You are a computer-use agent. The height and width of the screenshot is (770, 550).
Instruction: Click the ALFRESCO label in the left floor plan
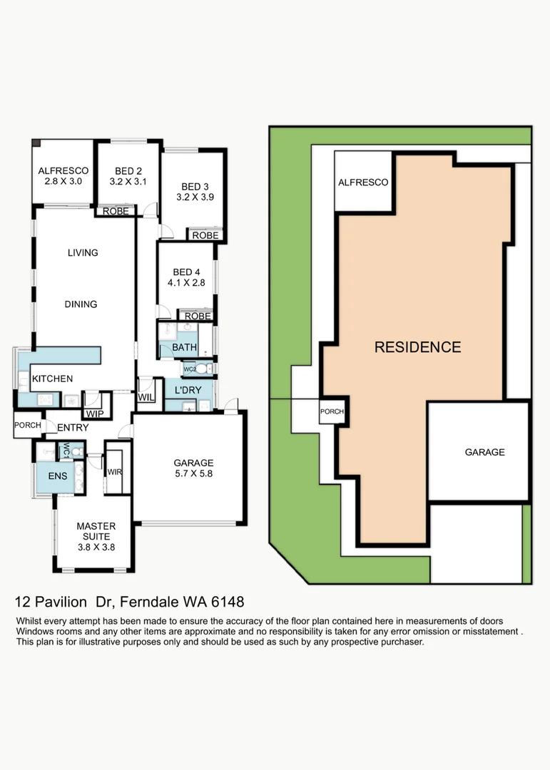pos(63,170)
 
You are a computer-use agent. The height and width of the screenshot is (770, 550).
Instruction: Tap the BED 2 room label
pos(128,171)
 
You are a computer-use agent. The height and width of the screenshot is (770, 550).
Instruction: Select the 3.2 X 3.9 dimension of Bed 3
pos(195,197)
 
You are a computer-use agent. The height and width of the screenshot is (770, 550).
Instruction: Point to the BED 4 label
pos(186,272)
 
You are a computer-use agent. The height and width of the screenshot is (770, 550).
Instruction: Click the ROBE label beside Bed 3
pos(205,235)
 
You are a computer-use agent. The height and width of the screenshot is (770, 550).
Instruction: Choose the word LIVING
pos(83,252)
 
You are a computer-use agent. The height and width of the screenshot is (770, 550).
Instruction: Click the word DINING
pos(81,304)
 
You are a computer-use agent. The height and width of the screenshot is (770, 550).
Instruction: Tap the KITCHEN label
pos(52,379)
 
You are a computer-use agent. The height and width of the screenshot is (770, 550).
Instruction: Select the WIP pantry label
pos(95,414)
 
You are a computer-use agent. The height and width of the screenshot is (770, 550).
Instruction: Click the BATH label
pos(184,347)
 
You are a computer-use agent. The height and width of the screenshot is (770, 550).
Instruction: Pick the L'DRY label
pos(188,390)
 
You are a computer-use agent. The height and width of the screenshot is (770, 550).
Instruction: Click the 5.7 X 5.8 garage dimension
pos(193,473)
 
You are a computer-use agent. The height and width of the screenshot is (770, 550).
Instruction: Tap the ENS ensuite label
pos(58,476)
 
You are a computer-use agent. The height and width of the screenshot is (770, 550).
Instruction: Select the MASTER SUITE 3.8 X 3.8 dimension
pos(96,547)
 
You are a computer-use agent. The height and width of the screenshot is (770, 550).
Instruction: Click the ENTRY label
pos(73,428)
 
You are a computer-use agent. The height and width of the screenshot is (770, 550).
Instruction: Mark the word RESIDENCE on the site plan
pos(418,347)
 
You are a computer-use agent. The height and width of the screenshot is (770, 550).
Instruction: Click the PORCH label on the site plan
pos(332,411)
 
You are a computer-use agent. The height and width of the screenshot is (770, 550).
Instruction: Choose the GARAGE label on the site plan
pos(484,452)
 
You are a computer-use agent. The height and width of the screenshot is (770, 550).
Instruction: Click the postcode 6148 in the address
pos(228,602)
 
